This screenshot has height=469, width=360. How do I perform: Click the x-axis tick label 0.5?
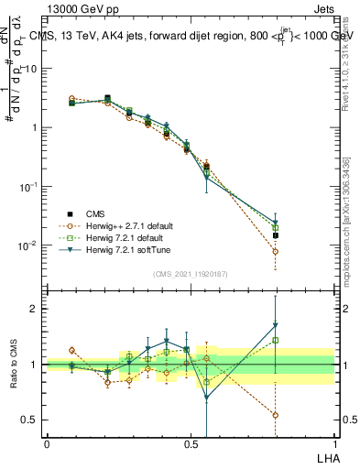[x=191, y=443]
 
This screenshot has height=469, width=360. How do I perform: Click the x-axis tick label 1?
[x=334, y=443]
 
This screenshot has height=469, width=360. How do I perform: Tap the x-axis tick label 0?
[x=47, y=443]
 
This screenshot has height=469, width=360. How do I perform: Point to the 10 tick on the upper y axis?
[x=30, y=69]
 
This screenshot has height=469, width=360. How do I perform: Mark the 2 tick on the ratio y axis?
[x=34, y=309]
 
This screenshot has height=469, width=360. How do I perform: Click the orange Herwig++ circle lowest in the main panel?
[x=276, y=251]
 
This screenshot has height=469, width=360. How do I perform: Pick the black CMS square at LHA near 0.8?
[x=276, y=235]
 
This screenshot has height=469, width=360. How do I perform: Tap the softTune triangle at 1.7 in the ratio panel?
[x=276, y=324]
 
